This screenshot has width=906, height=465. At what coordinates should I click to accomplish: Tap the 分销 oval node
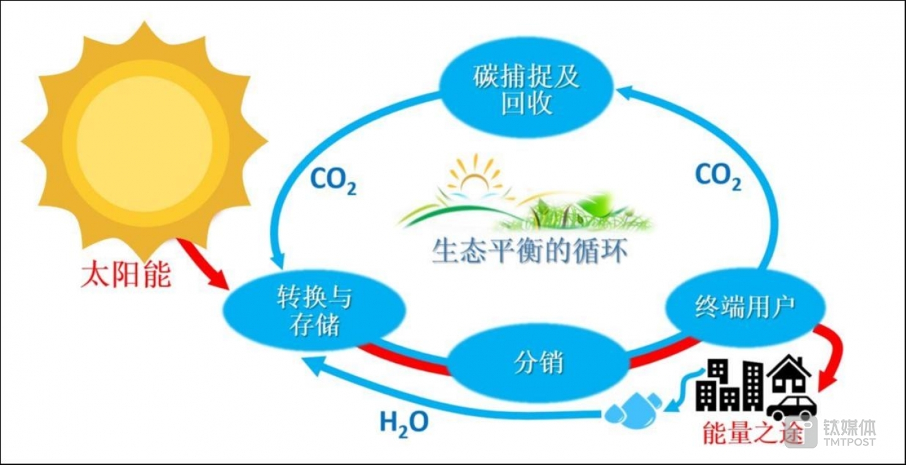coord(538,363)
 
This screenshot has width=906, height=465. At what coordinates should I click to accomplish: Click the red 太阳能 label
coord(126,275)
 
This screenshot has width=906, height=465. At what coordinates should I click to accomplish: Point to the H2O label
coord(403,422)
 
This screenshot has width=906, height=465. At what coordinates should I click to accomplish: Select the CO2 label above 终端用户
coord(717,176)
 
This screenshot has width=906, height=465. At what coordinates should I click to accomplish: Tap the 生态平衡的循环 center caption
coord(529,251)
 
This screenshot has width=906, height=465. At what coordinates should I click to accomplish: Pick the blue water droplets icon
coord(632,408)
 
